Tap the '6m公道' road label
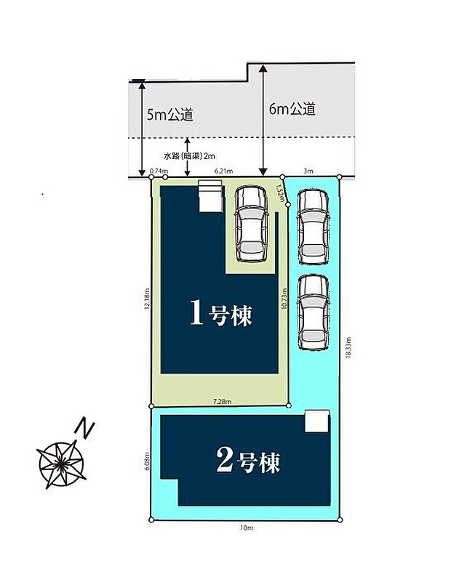(292, 109)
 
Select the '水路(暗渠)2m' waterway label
(188, 155)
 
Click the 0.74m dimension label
(155, 171)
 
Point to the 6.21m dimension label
(223, 171)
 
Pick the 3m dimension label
(308, 171)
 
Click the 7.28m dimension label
(222, 401)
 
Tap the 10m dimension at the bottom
(245, 528)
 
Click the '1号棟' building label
(220, 314)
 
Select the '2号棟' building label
(248, 461)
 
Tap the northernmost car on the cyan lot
(314, 226)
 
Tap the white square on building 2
(316, 421)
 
